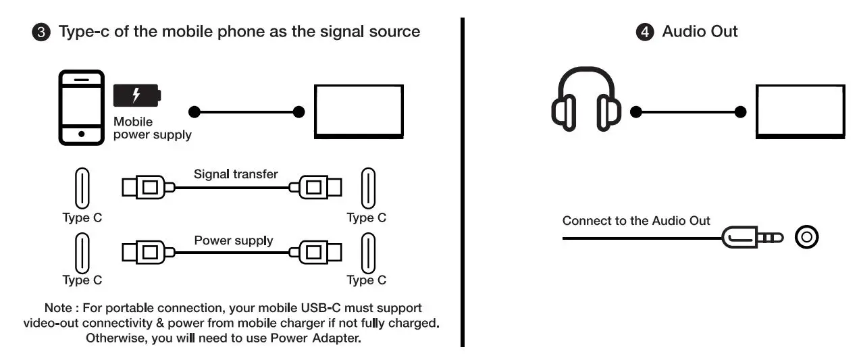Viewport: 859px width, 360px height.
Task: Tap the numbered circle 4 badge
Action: pyautogui.click(x=646, y=32)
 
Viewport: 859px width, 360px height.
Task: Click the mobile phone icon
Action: pyautogui.click(x=81, y=107)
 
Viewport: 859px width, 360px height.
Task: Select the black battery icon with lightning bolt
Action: pyautogui.click(x=137, y=95)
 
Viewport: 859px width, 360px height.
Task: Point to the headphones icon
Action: pyautogui.click(x=585, y=99)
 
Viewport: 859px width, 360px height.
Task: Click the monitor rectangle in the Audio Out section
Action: pyautogui.click(x=800, y=111)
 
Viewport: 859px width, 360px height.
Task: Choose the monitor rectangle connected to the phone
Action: pyautogui.click(x=358, y=111)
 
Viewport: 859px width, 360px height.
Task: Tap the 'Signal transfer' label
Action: pyautogui.click(x=236, y=174)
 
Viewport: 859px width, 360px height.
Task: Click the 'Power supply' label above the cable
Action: pyautogui.click(x=234, y=240)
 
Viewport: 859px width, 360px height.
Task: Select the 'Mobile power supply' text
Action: pyautogui.click(x=152, y=128)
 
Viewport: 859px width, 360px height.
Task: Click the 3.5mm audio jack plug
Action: pyautogui.click(x=752, y=237)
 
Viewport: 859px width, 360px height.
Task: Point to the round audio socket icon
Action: pyautogui.click(x=806, y=237)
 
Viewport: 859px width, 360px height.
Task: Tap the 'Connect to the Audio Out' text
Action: pyautogui.click(x=636, y=221)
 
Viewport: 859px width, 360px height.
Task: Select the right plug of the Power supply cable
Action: pyautogui.click(x=317, y=253)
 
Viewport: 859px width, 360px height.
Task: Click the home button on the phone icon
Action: pyautogui.click(x=81, y=134)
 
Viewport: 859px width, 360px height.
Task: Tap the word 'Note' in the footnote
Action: pyautogui.click(x=58, y=308)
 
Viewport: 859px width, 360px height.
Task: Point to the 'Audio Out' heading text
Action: pyautogui.click(x=700, y=32)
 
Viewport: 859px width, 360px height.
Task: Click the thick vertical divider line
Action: pyautogui.click(x=463, y=182)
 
